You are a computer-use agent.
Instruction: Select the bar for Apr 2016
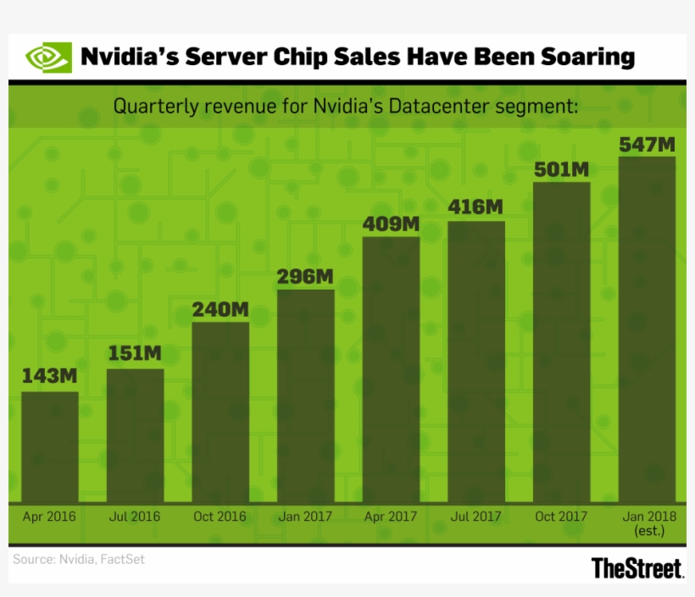50,446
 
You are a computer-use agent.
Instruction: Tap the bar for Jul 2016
135,435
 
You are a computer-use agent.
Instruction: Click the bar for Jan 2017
306,395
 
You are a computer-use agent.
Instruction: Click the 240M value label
220,310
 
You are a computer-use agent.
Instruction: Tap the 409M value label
391,224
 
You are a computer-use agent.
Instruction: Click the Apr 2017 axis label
391,516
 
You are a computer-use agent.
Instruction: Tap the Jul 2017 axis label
475,516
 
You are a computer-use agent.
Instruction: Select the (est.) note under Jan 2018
648,532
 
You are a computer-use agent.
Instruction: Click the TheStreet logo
637,568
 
